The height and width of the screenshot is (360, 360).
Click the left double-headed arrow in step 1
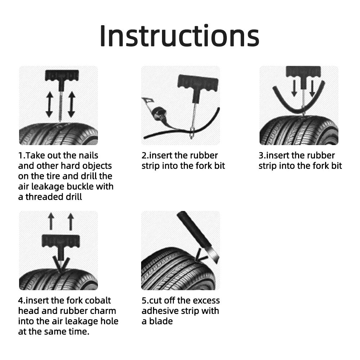49,104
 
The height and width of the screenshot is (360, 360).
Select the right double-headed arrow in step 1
71,104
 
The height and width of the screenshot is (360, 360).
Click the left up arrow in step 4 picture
51,221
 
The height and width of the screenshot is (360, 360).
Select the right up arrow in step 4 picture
71,221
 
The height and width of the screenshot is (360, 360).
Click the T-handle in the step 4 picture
60,241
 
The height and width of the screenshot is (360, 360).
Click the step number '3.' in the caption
262,156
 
